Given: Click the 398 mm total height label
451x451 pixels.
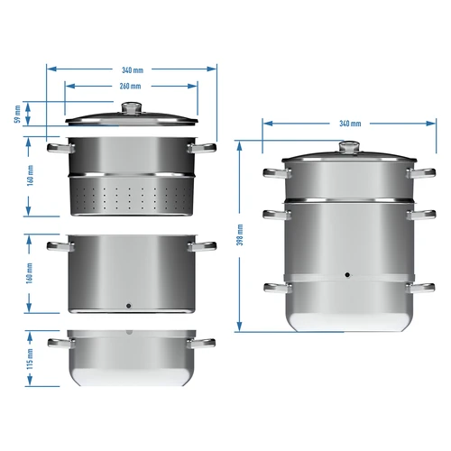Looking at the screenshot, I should (x=239, y=235).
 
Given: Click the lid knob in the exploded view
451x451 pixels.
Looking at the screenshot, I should (x=132, y=107).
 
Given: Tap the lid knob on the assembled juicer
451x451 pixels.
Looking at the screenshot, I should (x=347, y=146).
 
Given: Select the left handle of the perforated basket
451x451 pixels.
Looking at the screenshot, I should (x=58, y=146).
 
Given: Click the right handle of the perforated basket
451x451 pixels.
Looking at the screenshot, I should (x=203, y=146).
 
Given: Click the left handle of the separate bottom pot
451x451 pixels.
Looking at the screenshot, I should (x=58, y=344).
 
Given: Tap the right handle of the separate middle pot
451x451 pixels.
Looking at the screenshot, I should (x=203, y=245).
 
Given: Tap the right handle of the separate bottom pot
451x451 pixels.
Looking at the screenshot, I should (x=203, y=344).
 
